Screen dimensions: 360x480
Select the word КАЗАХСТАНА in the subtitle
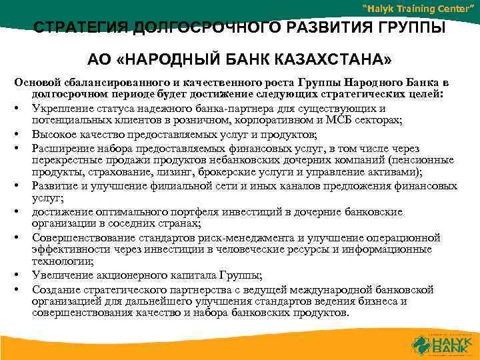pos(337,61)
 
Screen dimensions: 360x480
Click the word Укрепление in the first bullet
pos(63,108)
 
